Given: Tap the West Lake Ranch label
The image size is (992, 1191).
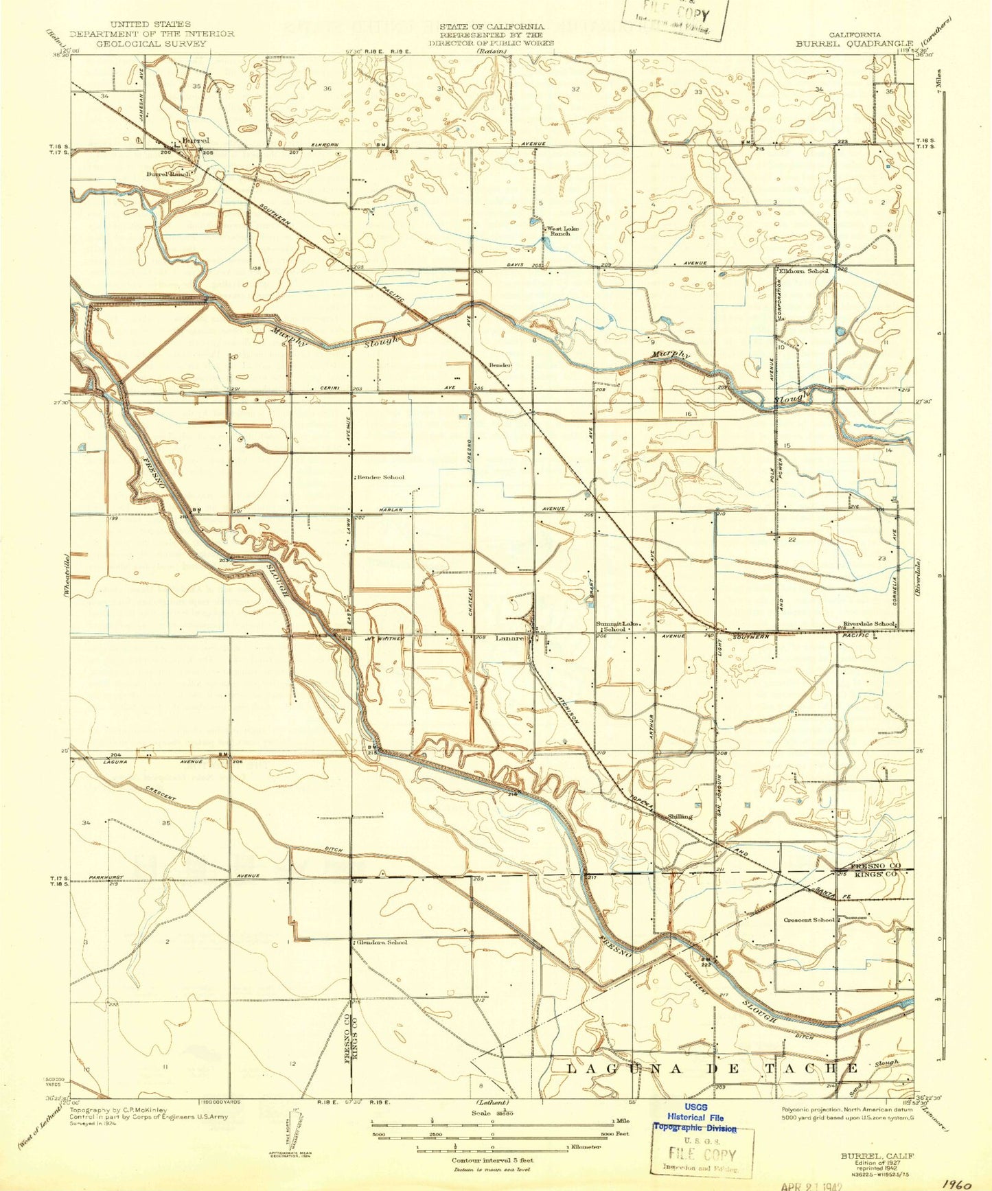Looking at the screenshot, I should click(557, 231).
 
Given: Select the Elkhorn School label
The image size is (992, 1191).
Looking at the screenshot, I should click(803, 270).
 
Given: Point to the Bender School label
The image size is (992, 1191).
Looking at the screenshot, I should click(381, 477).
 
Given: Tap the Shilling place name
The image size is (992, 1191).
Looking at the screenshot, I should click(680, 816).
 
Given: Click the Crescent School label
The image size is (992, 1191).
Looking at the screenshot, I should click(809, 920).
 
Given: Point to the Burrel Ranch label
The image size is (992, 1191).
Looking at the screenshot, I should click(168, 174).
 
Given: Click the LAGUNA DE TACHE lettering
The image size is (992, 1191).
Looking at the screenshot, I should click(714, 1069).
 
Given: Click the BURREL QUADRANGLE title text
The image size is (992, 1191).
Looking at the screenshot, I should click(854, 43).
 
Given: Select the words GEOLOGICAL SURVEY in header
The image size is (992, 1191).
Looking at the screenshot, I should click(151, 43).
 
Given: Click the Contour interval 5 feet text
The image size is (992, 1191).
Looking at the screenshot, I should click(492, 1160).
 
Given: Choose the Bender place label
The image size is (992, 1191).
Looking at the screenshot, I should click(500, 365).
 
